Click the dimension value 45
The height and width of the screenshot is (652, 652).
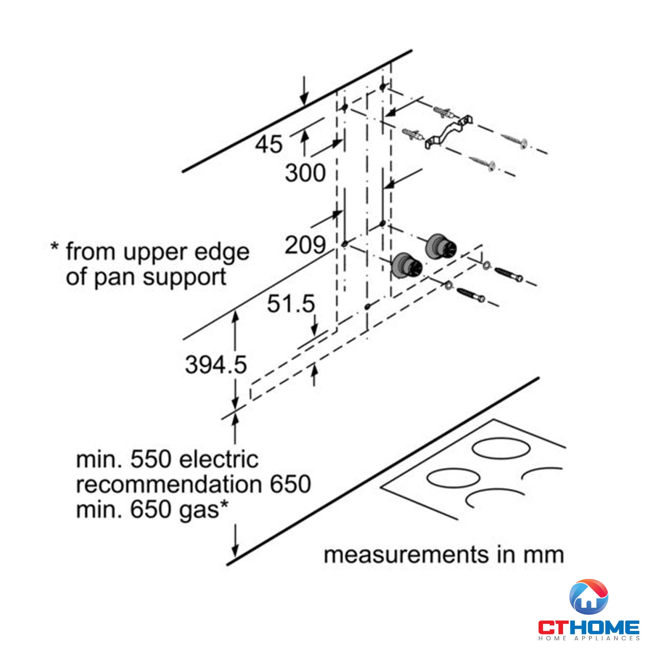(x=269, y=144)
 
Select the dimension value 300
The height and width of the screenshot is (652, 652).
(x=305, y=173)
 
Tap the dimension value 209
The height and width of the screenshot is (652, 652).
(x=305, y=245)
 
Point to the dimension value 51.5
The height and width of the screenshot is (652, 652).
(x=291, y=304)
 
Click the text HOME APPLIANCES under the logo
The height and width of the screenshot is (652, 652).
(x=589, y=638)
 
